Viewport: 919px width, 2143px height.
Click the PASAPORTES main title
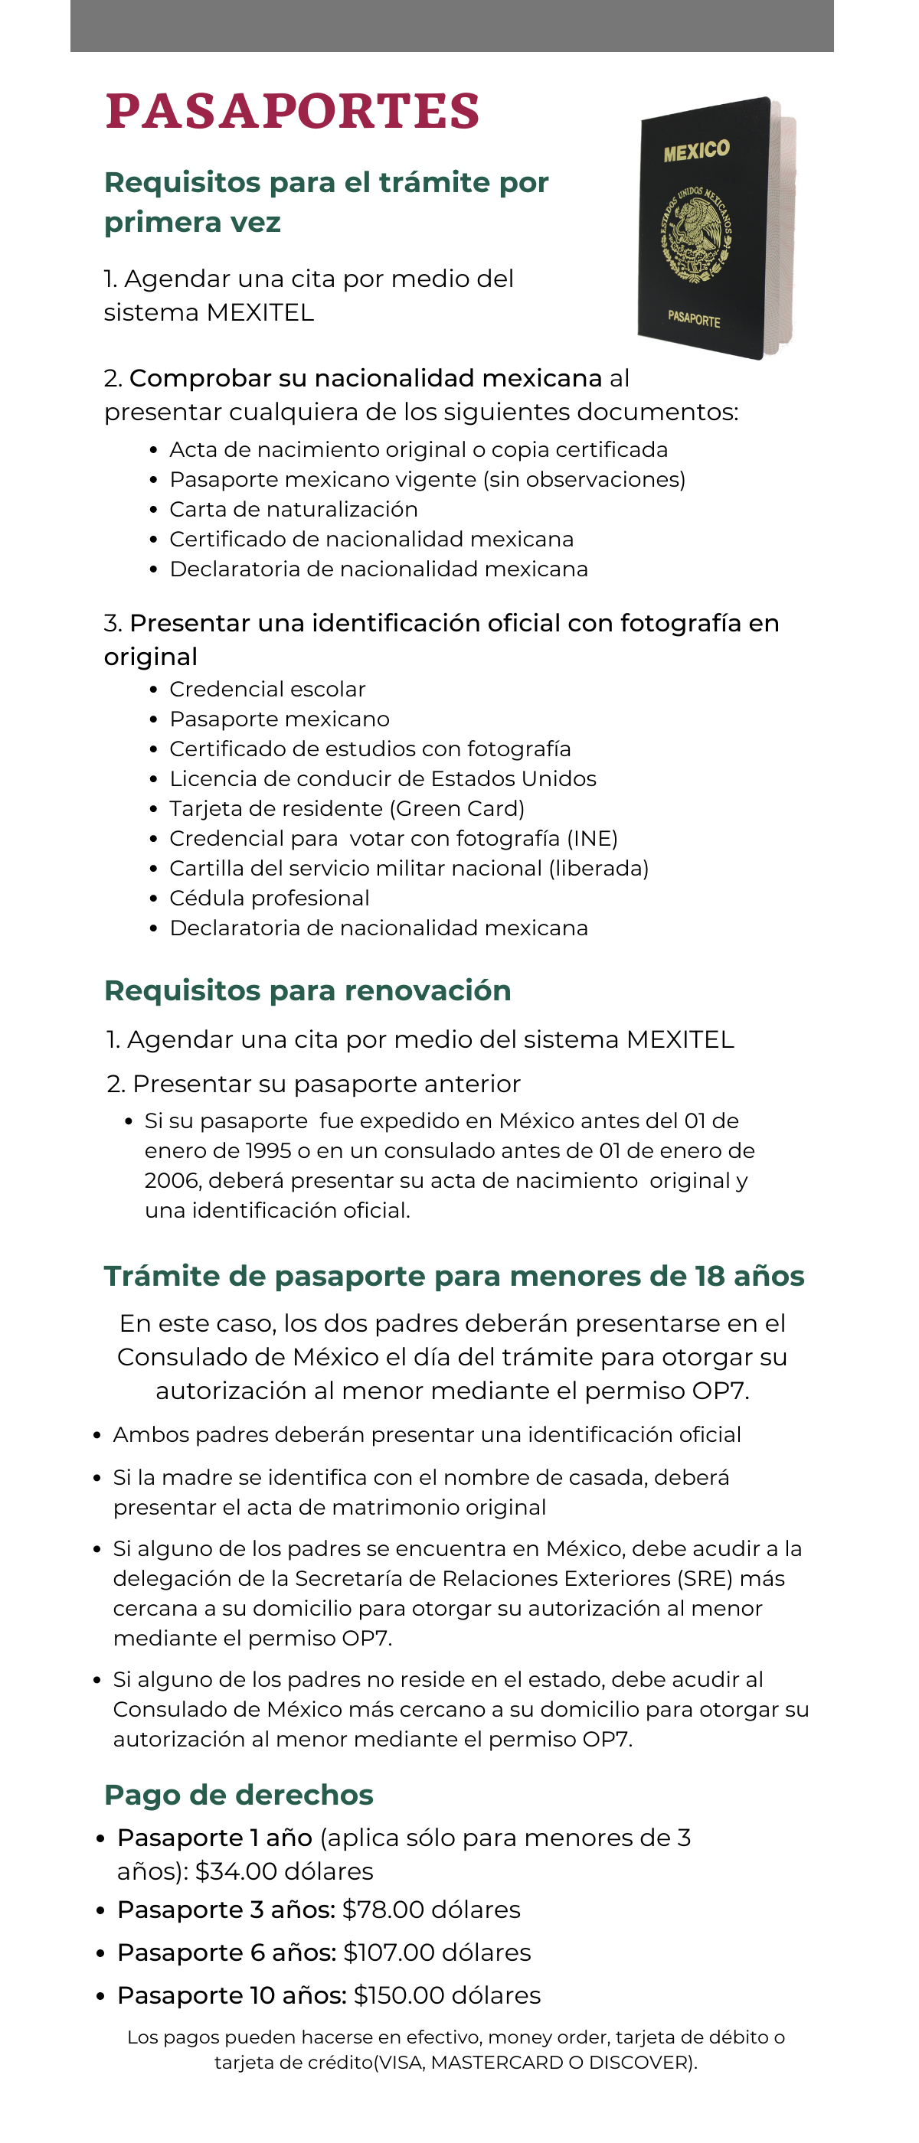(x=293, y=112)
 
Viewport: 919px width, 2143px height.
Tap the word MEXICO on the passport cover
(x=696, y=151)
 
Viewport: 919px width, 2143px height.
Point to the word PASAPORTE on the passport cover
(x=693, y=318)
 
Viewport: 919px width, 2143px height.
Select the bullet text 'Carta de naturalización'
(x=293, y=509)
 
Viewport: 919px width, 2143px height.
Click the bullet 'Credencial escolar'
(x=267, y=689)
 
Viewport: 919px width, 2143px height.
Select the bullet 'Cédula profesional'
(x=269, y=899)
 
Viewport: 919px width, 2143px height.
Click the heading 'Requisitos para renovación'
(x=307, y=991)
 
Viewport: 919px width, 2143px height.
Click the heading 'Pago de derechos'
(x=238, y=1795)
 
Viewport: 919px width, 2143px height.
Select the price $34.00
(x=236, y=1871)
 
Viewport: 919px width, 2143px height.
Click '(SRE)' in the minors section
(x=706, y=1578)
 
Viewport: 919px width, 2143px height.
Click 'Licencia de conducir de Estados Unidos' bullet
(x=382, y=778)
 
